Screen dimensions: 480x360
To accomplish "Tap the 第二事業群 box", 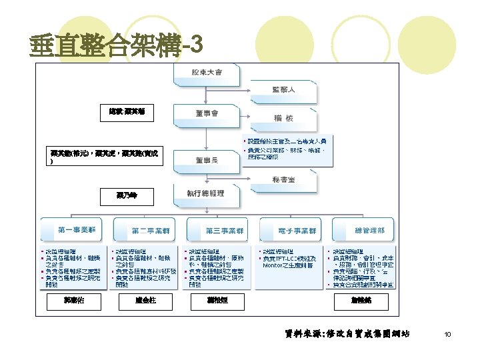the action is [145, 231].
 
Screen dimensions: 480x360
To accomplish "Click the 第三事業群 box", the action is [218, 231].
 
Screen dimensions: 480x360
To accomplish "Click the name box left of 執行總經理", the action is [127, 197].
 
